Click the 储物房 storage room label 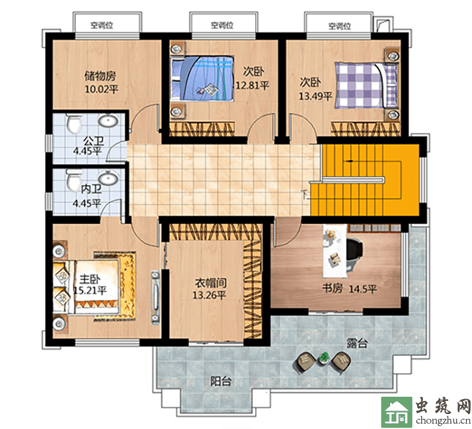pos(100,75)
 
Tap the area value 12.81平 pos(252,85)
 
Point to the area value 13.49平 pos(315,96)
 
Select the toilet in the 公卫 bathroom pos(73,124)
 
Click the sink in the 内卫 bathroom pos(108,177)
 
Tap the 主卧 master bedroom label pos(90,279)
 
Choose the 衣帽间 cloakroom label pos(211,283)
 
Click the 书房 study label pos(332,289)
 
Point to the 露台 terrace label pos(357,342)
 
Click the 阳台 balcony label pos(220,381)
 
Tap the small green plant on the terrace pos(324,358)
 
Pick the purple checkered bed pos(367,85)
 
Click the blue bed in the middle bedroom pos(202,78)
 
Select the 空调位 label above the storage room pos(102,25)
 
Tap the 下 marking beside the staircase pos(305,195)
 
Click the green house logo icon pos(397,412)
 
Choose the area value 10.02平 pos(102,89)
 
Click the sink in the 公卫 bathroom pos(108,121)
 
